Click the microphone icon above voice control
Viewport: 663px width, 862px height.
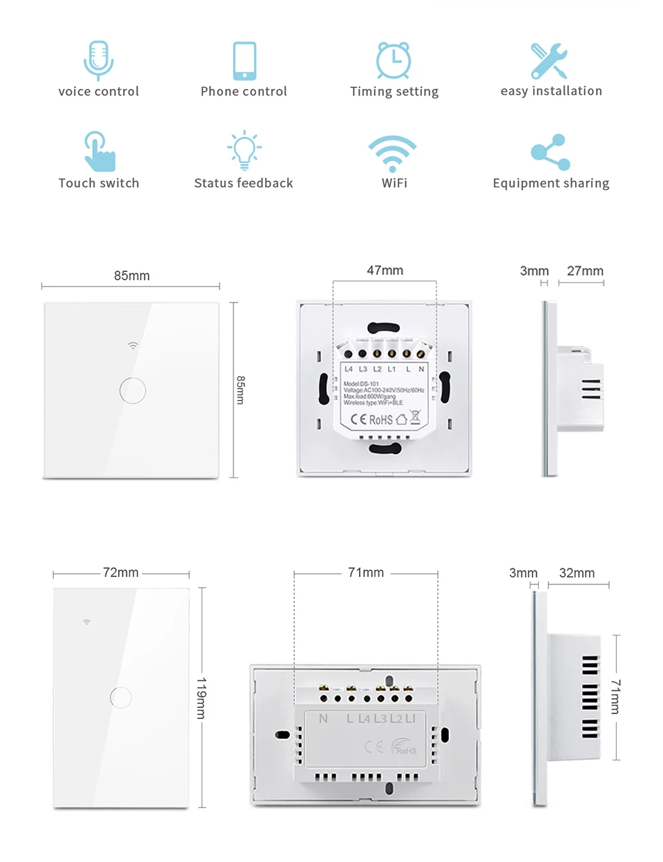99,59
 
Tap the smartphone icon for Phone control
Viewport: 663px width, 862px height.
244,61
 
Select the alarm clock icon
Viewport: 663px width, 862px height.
394,60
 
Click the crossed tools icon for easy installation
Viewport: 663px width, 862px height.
550,61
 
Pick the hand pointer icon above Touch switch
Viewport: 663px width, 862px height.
99,151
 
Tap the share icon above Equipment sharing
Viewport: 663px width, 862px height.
550,152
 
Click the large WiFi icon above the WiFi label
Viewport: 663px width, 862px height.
392,153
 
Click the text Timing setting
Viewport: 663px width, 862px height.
394,91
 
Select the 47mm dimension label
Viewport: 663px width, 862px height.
385,270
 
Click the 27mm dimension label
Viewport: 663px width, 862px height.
585,271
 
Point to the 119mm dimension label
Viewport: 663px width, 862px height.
201,698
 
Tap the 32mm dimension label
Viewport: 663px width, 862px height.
577,573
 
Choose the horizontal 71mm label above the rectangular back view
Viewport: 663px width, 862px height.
366,573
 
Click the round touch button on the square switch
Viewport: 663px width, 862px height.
133,390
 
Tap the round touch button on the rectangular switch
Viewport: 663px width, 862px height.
121,697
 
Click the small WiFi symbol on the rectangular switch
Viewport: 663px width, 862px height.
87,622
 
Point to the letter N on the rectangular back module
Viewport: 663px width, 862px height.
323,718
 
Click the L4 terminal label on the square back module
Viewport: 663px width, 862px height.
349,369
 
